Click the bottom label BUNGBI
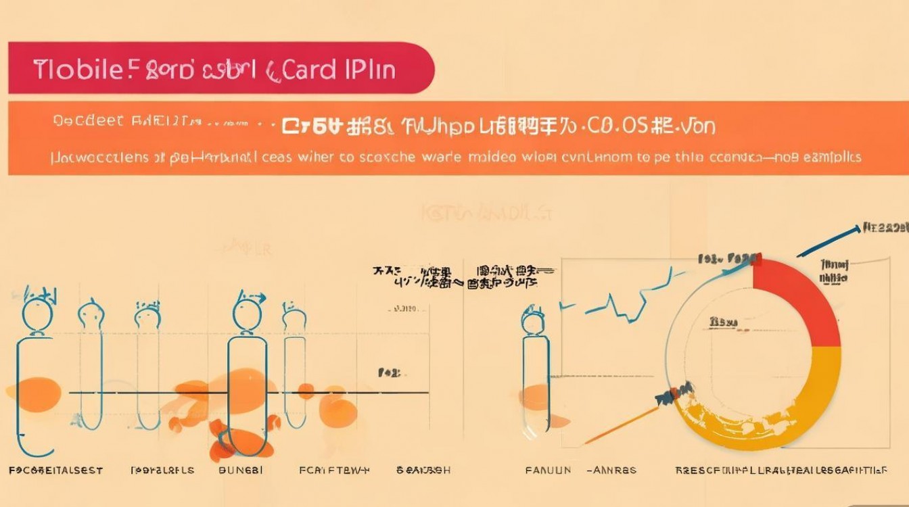(241, 470)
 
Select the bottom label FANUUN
(548, 470)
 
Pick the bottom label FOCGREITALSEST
(55, 470)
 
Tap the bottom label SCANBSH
(423, 470)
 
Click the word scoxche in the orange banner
(378, 157)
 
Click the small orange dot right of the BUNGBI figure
(306, 391)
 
